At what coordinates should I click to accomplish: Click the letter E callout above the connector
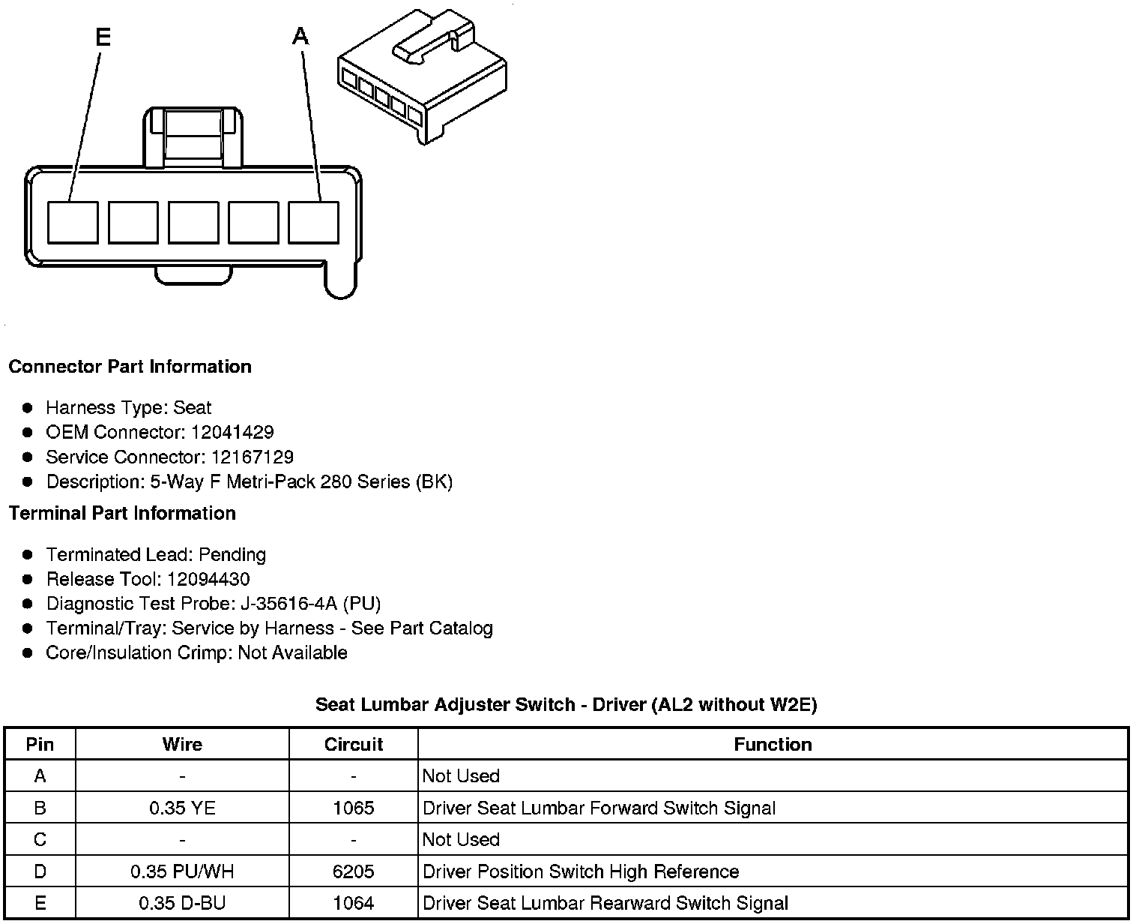coord(103,37)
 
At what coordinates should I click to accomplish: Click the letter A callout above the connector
coord(300,36)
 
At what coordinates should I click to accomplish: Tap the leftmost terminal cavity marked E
coord(73,223)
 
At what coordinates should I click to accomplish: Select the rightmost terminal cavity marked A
coord(313,223)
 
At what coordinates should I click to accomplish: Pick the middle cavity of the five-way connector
coord(193,223)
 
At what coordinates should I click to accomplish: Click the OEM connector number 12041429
coord(232,432)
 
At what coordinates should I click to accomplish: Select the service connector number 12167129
coord(252,457)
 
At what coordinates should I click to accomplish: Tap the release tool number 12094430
coord(208,579)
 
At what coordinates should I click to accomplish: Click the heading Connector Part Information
coord(130,367)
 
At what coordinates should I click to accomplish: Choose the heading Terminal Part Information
coord(122,513)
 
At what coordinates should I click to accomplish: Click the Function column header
coord(773,744)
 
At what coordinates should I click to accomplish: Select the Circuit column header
coord(353,744)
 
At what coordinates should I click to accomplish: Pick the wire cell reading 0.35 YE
coord(182,808)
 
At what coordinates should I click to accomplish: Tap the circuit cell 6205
coord(353,871)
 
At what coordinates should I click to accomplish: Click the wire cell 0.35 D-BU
coord(182,903)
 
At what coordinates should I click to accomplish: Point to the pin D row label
coord(40,871)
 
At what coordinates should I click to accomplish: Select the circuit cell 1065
coord(353,808)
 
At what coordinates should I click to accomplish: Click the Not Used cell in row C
coord(461,839)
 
